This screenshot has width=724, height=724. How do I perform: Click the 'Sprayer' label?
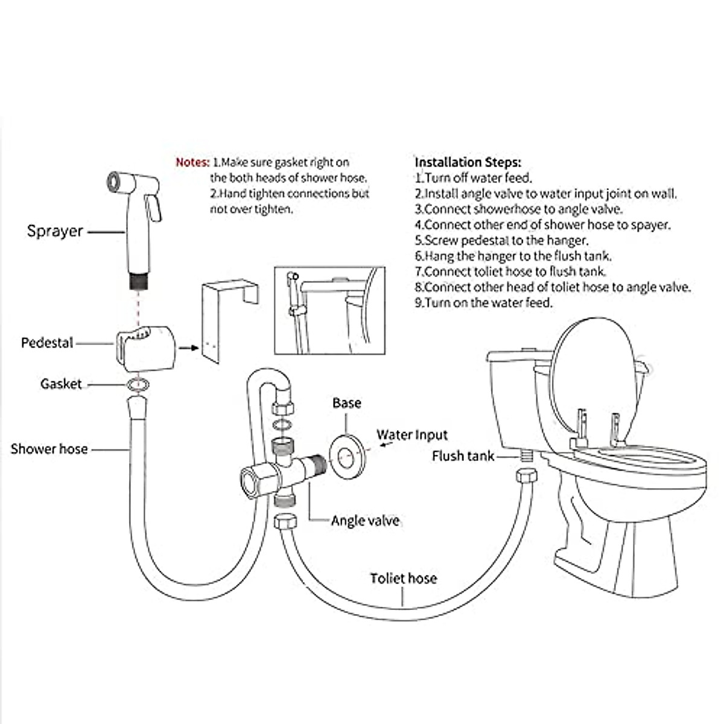point(55,231)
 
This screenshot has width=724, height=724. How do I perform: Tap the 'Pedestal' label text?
point(47,343)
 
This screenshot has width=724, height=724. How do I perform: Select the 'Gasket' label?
point(61,384)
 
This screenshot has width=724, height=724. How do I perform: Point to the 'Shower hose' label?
point(49,449)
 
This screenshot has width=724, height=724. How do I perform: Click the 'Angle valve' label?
point(364,521)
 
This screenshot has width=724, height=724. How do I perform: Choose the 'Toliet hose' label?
point(403,579)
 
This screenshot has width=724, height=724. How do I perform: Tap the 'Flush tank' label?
point(463,456)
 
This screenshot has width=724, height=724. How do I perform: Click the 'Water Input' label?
point(412,435)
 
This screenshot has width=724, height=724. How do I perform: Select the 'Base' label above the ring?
point(347,403)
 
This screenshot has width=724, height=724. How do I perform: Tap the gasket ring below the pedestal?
point(139,384)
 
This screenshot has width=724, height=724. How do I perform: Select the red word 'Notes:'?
point(192,162)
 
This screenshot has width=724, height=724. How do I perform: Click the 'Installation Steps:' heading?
point(468,162)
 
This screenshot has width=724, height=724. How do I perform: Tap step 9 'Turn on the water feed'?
point(483,303)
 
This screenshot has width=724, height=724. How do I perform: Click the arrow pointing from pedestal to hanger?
point(189,348)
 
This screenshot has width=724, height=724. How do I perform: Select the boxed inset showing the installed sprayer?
point(329,311)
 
